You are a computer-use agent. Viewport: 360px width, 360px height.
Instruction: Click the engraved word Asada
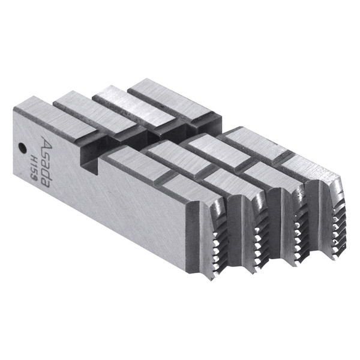[x=45, y=161]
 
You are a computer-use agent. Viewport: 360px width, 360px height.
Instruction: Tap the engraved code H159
[x=34, y=165]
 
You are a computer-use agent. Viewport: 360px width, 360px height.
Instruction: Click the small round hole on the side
[x=22, y=147]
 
